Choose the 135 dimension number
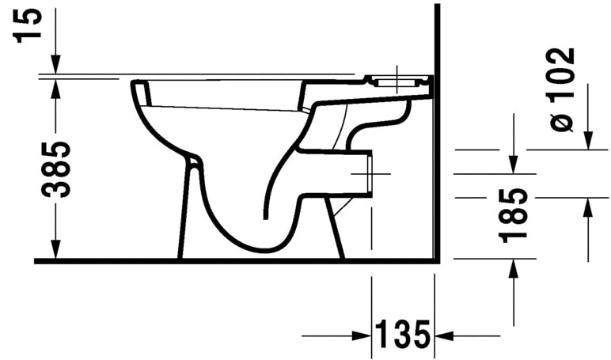tap(403, 335)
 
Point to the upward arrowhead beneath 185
tap(514, 269)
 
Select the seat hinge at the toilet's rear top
tap(400, 81)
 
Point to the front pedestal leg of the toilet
tap(187, 214)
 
